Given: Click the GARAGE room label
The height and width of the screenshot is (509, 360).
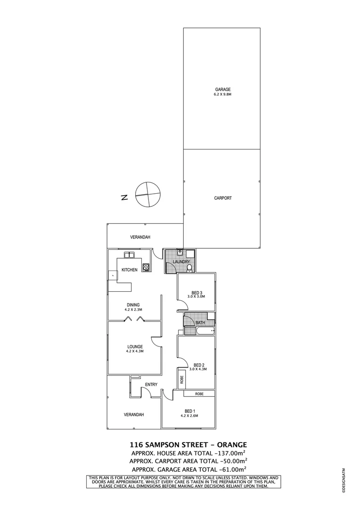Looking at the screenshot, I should [223, 89].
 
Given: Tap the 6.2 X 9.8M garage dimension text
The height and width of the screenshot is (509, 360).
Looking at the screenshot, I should [223, 94].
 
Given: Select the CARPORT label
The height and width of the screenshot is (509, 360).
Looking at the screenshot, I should [223, 198].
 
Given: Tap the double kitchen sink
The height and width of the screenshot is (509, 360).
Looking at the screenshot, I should [129, 255].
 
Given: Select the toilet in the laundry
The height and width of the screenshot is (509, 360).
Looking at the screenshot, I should [189, 268].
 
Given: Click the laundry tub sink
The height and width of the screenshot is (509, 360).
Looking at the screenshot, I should [181, 253].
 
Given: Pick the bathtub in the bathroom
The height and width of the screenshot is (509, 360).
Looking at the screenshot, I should [204, 331].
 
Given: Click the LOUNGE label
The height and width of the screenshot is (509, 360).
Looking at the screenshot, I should [134, 346].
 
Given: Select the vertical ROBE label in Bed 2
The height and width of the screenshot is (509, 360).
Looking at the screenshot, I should [181, 378].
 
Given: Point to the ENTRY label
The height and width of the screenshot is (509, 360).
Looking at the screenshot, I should [151, 385].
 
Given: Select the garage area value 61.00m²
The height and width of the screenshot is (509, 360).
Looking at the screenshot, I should [233, 470].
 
